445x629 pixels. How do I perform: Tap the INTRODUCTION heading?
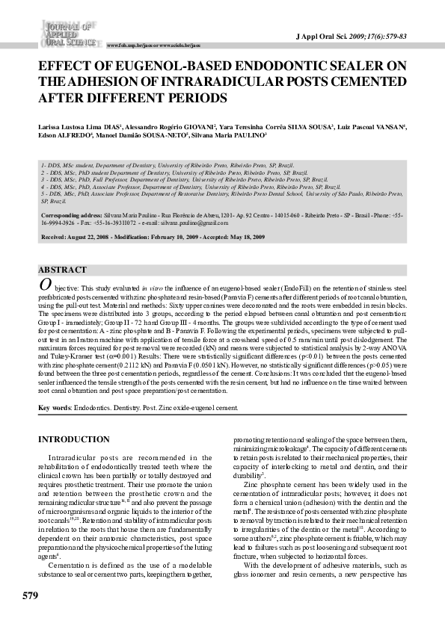point(73,439)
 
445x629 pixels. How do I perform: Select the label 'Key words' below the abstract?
point(55,408)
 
